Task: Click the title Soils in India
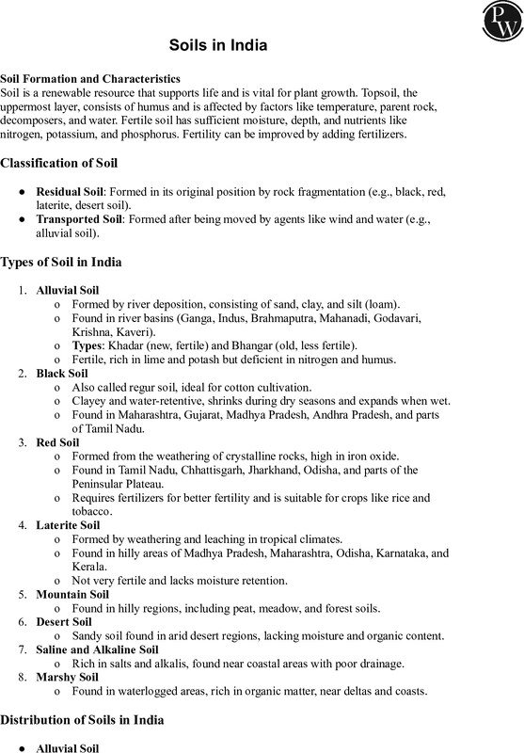pos(216,44)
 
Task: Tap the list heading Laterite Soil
pos(68,523)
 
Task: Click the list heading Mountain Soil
pos(71,595)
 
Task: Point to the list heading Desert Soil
pos(64,622)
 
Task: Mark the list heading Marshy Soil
pos(67,677)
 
